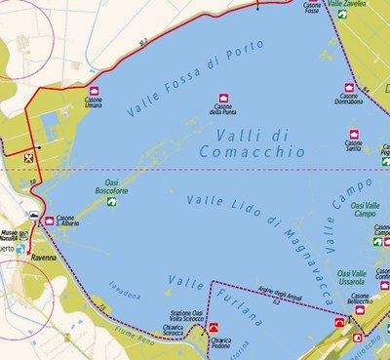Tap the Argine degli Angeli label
pyautogui.click(x=271, y=299)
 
